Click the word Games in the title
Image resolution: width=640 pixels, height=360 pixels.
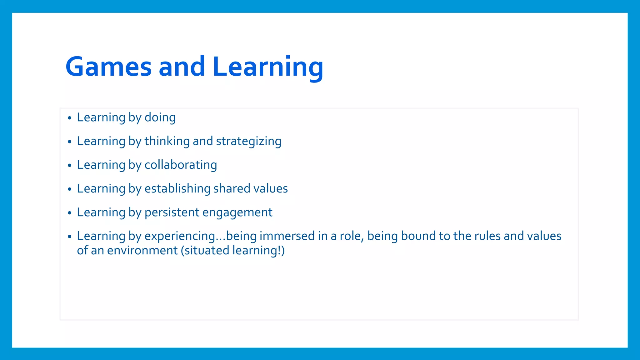(x=108, y=67)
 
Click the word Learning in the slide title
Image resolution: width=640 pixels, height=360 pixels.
(x=268, y=67)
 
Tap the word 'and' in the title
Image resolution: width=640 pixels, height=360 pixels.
(x=182, y=67)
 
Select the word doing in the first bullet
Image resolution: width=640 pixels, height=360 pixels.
(x=160, y=117)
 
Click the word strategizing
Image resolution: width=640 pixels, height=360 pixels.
(x=248, y=141)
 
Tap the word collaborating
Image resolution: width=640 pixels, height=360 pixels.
(x=181, y=165)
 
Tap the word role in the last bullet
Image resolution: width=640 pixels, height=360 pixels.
(x=351, y=236)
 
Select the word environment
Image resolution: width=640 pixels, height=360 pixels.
(x=142, y=251)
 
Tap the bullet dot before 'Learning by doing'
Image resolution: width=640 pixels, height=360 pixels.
(x=70, y=118)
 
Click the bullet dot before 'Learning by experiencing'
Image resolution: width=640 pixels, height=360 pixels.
(x=70, y=237)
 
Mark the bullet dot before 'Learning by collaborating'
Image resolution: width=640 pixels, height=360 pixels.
(x=70, y=166)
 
